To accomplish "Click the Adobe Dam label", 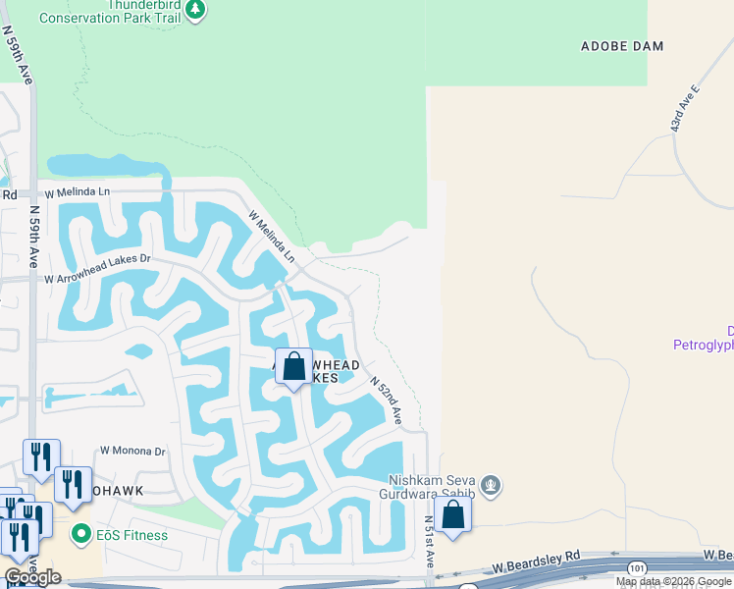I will point(622,46).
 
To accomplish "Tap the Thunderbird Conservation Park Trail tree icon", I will point(196,9).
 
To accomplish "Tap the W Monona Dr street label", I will point(133,451).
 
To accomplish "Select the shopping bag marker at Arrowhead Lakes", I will point(293,367).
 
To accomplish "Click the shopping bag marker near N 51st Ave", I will point(453,514).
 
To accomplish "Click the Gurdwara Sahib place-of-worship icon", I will point(492,486).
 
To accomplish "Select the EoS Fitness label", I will point(131,535).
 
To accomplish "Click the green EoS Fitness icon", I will point(81,535).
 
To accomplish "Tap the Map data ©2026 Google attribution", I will point(673,582).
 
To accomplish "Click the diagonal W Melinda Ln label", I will point(271,236).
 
